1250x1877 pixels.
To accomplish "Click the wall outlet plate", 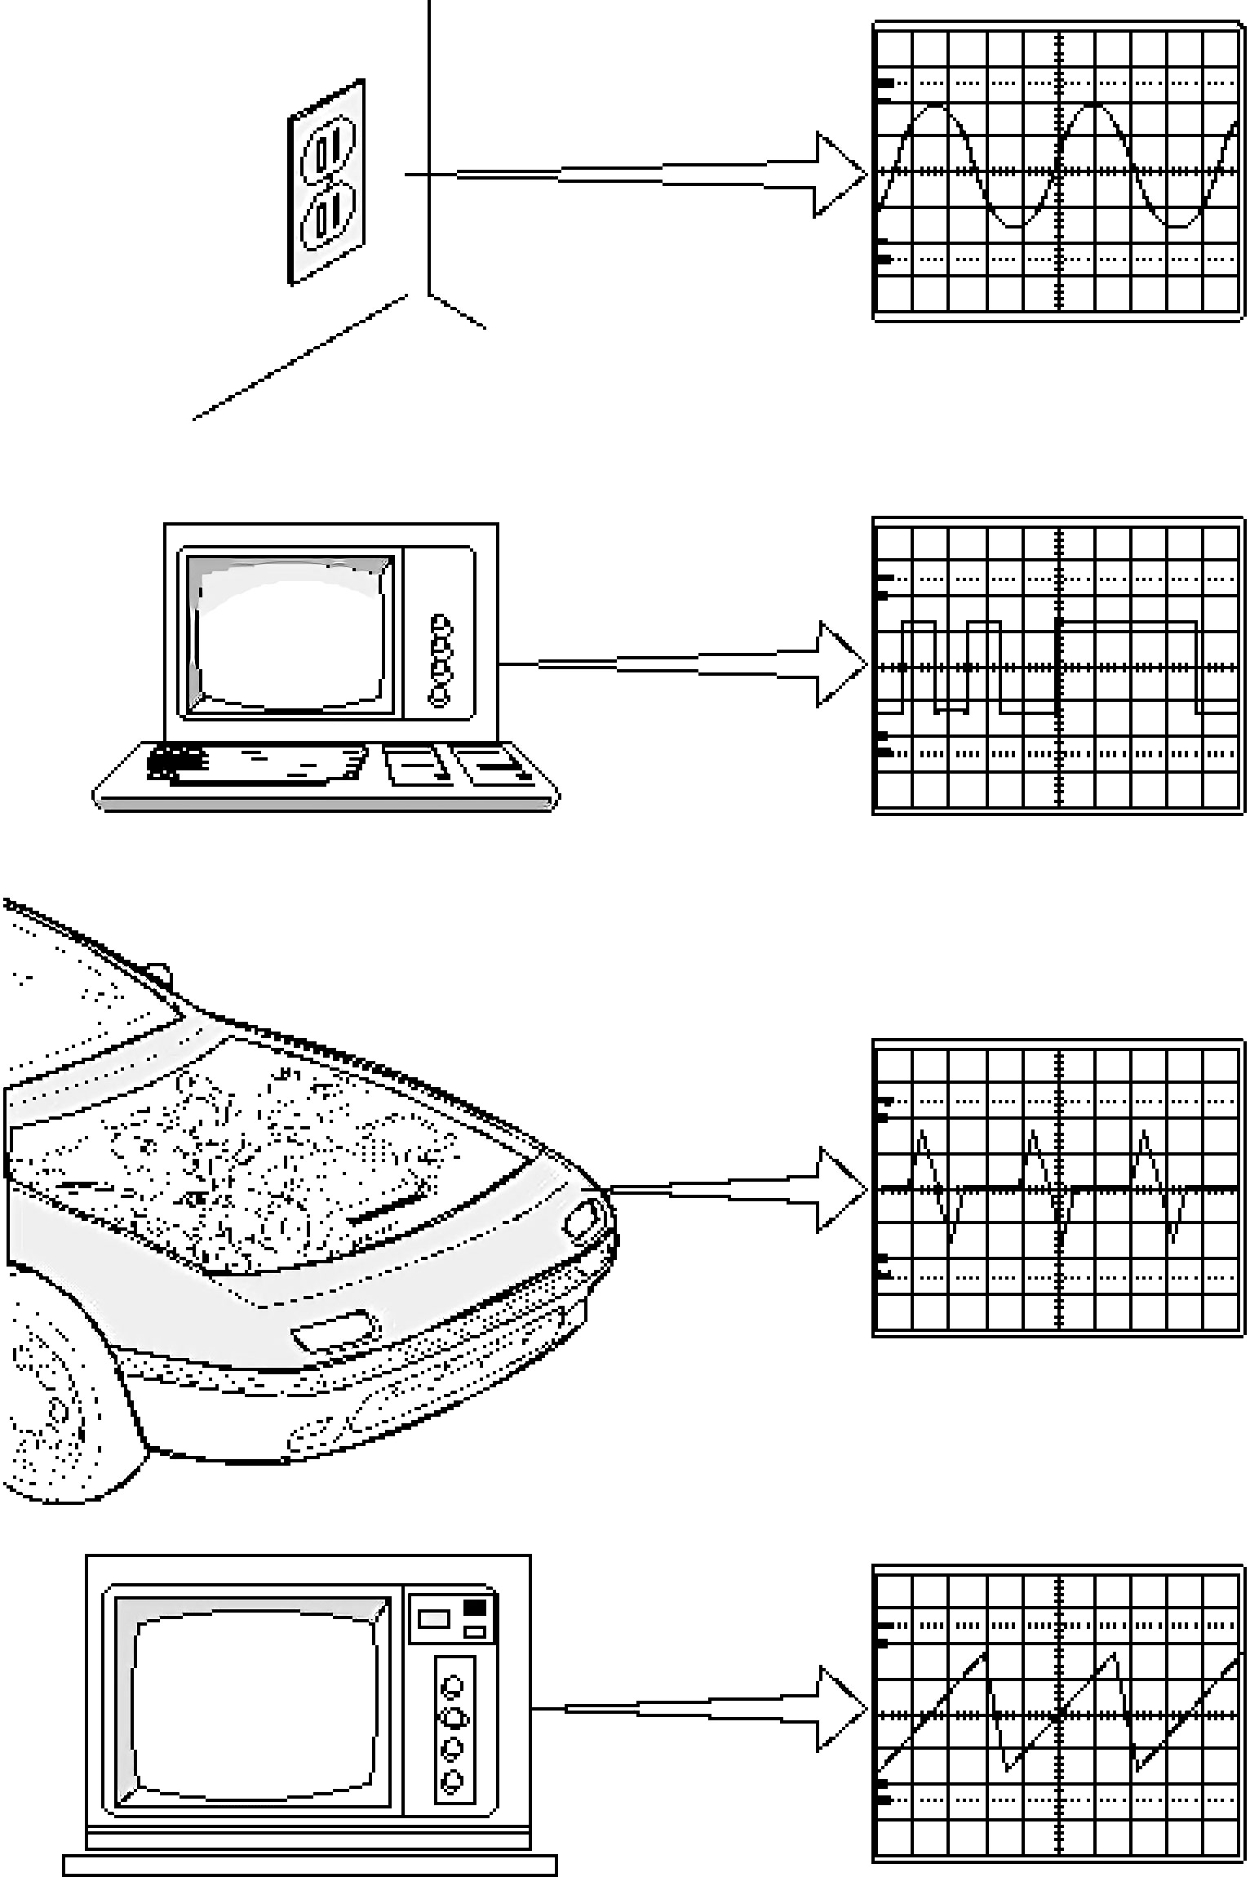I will click(x=326, y=182).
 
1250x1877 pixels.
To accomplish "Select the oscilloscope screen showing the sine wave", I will click(x=1058, y=171).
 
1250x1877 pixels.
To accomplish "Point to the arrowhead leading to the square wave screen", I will click(x=840, y=664).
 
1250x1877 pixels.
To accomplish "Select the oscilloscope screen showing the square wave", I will click(x=1058, y=666).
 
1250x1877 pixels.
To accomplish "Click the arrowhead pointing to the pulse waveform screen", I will click(x=840, y=1189).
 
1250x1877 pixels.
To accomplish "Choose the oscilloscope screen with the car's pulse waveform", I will click(x=1058, y=1187).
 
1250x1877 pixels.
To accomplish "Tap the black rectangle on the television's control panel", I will click(x=475, y=1608).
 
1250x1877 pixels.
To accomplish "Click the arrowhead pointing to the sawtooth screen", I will click(x=840, y=1708).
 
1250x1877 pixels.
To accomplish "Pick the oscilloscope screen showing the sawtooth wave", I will click(x=1058, y=1713).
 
